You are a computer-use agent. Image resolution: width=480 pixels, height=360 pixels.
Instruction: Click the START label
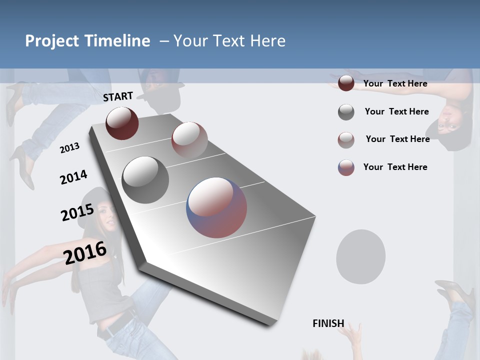[x=118, y=96]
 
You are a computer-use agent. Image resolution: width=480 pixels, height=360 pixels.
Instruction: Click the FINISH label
[x=328, y=323]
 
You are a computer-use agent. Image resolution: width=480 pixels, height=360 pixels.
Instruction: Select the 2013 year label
[x=70, y=147]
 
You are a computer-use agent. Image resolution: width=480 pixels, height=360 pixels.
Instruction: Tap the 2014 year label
[x=74, y=177]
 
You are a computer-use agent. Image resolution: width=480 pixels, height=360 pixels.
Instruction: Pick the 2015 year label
[x=77, y=212]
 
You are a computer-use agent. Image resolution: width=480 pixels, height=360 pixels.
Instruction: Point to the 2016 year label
[x=85, y=252]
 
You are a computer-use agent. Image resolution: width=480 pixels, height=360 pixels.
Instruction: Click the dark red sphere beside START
[x=122, y=123]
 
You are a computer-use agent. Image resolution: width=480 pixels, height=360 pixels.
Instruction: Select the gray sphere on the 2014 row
[x=145, y=179]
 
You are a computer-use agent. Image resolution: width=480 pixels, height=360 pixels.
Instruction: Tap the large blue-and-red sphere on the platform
[x=216, y=207]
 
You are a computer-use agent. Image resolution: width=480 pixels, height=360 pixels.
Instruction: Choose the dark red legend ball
[x=346, y=83]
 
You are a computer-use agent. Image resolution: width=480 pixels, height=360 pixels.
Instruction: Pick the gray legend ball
[x=346, y=112]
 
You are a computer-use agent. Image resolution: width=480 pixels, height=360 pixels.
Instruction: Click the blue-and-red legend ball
[x=346, y=167]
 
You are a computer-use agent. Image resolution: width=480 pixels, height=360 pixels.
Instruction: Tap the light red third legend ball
[x=346, y=140]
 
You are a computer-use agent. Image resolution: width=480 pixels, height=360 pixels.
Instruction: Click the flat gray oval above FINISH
[x=360, y=257]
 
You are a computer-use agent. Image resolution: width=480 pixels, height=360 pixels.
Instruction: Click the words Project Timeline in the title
[x=87, y=41]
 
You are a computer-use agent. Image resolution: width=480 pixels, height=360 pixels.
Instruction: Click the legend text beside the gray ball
[x=396, y=111]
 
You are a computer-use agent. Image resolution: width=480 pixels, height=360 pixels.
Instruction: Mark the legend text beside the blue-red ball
[x=395, y=167]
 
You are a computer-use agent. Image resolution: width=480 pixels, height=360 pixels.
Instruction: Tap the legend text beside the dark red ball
[x=395, y=83]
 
